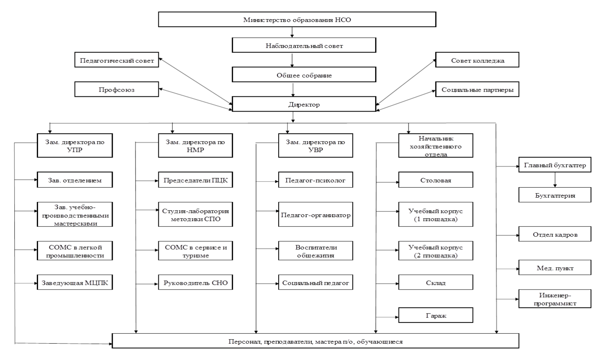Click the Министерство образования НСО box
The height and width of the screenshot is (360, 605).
(297, 19)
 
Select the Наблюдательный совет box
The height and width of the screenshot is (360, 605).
(304, 45)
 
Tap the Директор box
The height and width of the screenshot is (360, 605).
(304, 104)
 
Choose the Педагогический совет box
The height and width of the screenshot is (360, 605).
(117, 60)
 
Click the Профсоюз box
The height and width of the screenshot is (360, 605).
(117, 89)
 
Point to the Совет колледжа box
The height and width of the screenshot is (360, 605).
(477, 60)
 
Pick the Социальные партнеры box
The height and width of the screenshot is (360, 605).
(477, 89)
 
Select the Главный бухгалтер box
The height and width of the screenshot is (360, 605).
(555, 164)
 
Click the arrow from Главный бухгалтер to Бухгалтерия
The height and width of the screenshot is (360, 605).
(555, 180)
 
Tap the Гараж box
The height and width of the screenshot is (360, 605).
(435, 315)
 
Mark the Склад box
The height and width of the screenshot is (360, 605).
(435, 282)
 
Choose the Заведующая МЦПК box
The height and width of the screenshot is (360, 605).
(75, 282)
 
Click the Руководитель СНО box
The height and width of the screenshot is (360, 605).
(196, 282)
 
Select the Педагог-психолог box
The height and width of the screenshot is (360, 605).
(315, 180)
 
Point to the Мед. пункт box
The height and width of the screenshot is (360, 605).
(555, 268)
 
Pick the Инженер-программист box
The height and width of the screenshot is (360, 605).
(555, 299)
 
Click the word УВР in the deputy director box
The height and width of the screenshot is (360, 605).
(315, 150)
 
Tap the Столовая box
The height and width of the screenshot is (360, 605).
(435, 180)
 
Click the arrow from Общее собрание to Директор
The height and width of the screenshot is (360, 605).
(293, 89)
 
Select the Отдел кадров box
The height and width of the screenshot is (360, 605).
(555, 234)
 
